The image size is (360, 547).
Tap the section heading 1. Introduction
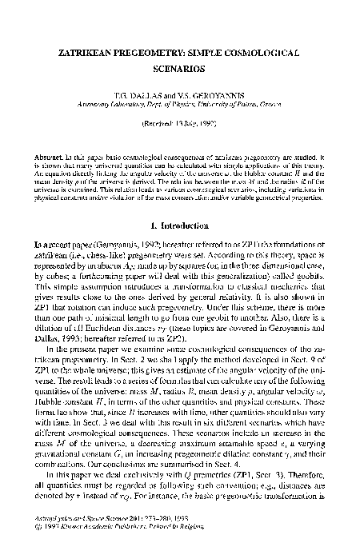tap(180, 225)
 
